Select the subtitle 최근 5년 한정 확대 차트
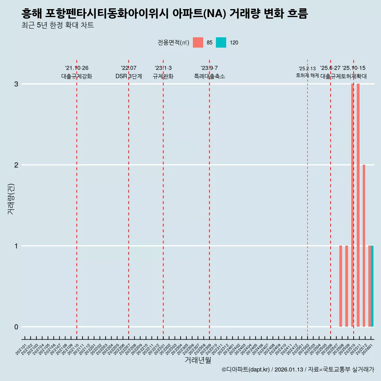coord(58,26)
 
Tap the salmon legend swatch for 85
coord(198,42)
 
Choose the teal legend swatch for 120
coord(221,42)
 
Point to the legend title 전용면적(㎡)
coord(173,43)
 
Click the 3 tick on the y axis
coord(16,84)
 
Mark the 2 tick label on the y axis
coord(16,165)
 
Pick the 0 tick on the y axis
coord(16,327)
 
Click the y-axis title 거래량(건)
coord(11,198)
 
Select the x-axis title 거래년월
coord(198,360)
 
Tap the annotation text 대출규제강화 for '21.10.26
coord(77,76)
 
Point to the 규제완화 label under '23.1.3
coord(163,76)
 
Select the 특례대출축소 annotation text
coord(210,76)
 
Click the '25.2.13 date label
coord(307,69)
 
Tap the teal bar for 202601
coord(372,286)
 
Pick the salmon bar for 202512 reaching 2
coord(364,246)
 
